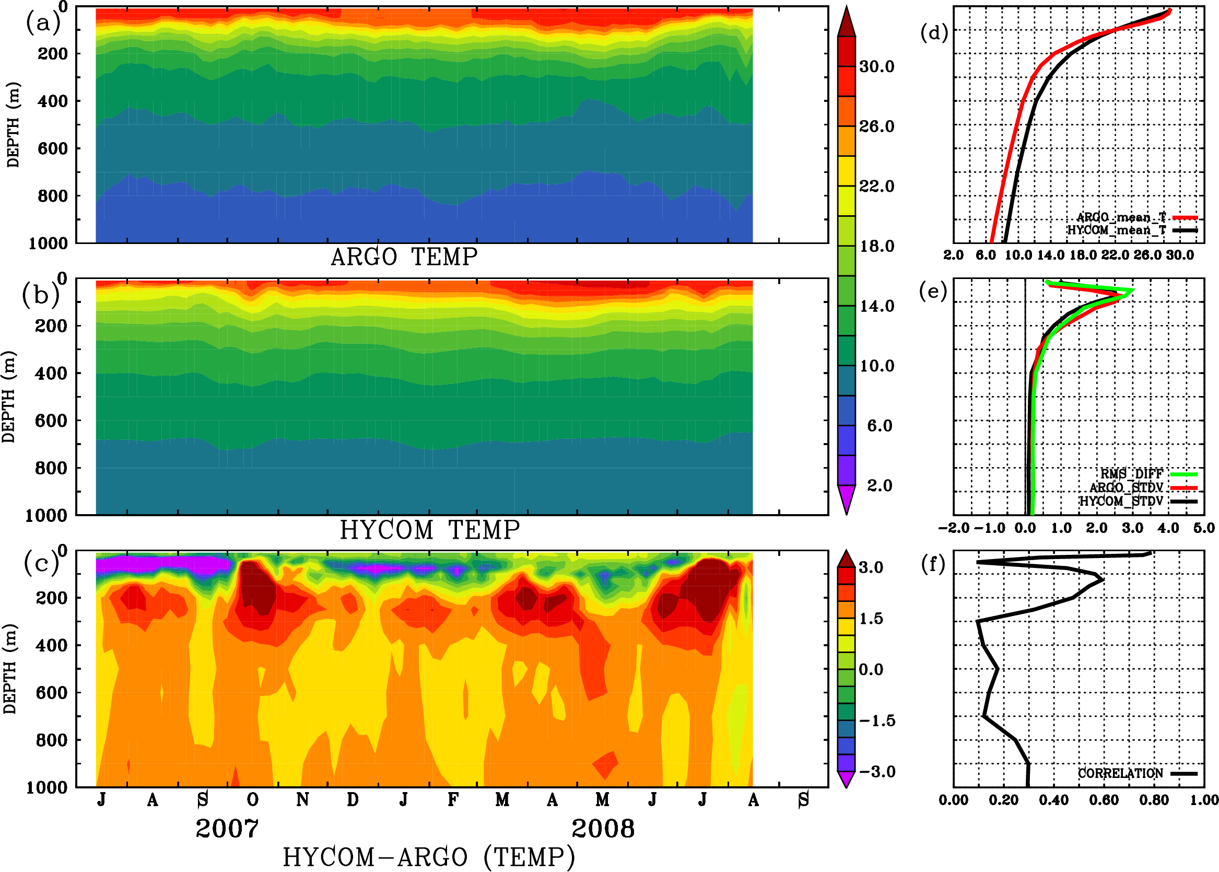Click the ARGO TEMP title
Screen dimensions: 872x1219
coord(404,257)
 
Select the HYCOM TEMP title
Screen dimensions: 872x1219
coord(430,530)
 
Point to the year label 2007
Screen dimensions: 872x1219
coord(227,829)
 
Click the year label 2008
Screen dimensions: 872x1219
coord(603,829)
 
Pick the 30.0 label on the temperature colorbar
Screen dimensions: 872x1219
coord(876,66)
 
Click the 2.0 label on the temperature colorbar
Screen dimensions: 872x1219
coord(879,485)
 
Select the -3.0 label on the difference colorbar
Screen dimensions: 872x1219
coord(877,772)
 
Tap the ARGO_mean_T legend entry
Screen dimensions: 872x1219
coord(1121,217)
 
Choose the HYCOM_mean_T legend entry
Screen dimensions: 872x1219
coord(1117,230)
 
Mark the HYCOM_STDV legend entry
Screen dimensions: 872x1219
coord(1121,501)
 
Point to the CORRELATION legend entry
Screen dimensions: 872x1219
coord(1120,773)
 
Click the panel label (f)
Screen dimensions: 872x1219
coord(933,564)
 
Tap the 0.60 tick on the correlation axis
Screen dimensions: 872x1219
coord(1104,800)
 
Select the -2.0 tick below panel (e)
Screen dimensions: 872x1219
coord(954,528)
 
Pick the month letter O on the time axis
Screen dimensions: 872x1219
coord(252,800)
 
